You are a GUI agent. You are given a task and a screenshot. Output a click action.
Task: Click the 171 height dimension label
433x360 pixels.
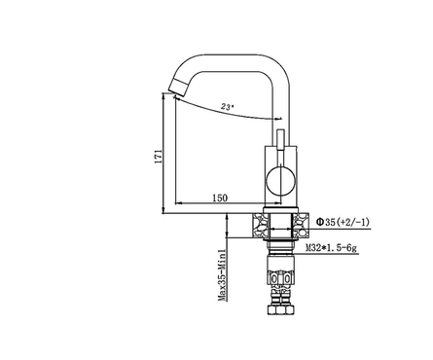(x=159, y=157)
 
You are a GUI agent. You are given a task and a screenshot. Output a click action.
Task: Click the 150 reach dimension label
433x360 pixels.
(x=220, y=198)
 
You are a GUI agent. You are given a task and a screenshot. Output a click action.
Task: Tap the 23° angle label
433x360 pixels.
(x=227, y=106)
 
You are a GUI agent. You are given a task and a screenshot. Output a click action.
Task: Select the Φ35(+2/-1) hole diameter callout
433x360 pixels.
(x=343, y=222)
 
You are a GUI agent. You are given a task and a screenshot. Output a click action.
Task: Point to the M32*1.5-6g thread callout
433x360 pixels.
(x=331, y=248)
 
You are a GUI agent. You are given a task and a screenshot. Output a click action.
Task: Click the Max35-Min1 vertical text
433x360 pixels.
(x=222, y=275)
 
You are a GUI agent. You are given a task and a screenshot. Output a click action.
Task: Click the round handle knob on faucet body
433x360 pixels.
(x=281, y=181)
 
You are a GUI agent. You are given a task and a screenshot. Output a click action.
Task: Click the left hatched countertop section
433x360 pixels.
(x=261, y=226)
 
